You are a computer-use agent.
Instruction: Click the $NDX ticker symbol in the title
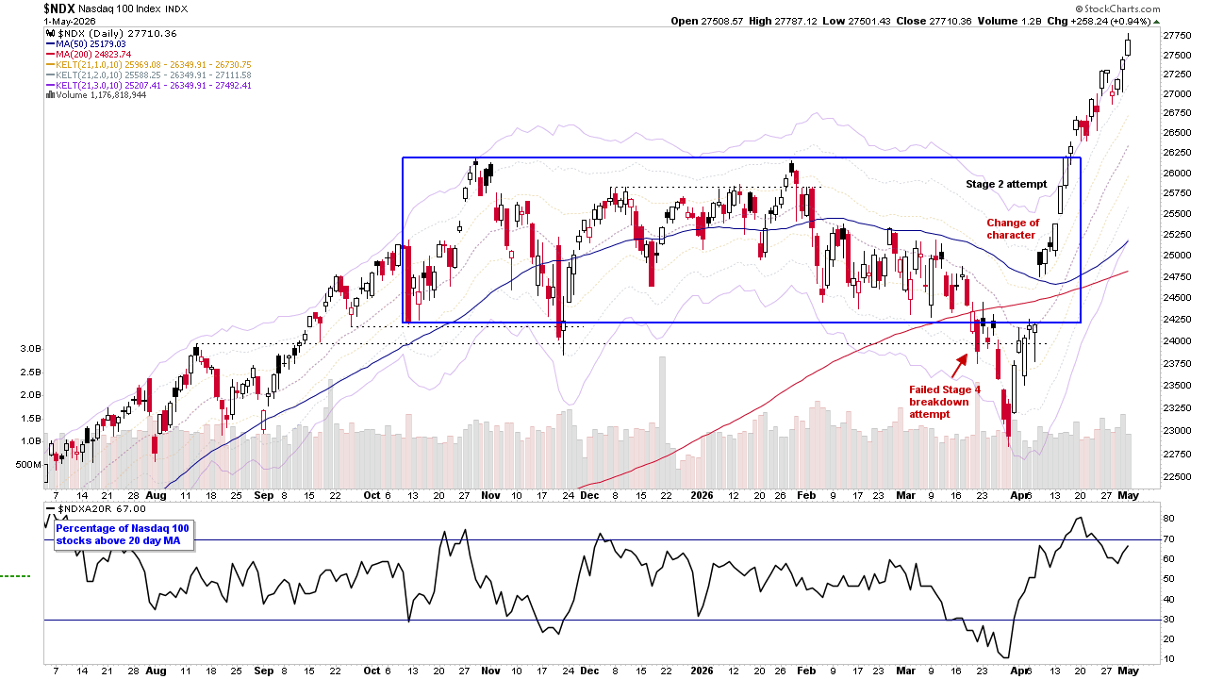point(58,8)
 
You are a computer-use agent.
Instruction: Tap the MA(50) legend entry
point(86,44)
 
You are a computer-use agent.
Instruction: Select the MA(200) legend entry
point(89,55)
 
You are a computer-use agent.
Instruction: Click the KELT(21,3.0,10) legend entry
point(149,85)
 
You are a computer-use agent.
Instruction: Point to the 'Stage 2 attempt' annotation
point(1006,184)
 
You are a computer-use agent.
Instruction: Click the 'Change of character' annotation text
point(1013,229)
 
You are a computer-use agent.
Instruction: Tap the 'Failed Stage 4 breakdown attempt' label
point(945,402)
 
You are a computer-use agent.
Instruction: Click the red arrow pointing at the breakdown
point(959,366)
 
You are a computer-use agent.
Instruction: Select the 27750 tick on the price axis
point(1177,36)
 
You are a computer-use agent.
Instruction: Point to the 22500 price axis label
point(1177,476)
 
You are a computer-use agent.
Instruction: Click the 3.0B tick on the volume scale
point(31,349)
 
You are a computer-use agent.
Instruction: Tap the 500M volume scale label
point(28,465)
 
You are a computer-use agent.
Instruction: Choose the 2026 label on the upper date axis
point(702,495)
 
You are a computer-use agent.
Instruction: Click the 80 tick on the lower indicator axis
point(1168,519)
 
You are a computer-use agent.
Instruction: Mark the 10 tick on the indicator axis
point(1168,658)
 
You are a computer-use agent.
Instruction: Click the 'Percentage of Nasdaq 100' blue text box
point(123,535)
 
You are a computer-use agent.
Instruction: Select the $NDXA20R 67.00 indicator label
point(96,508)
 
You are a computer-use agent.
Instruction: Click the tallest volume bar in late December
point(662,422)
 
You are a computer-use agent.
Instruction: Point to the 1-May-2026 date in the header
point(70,21)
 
